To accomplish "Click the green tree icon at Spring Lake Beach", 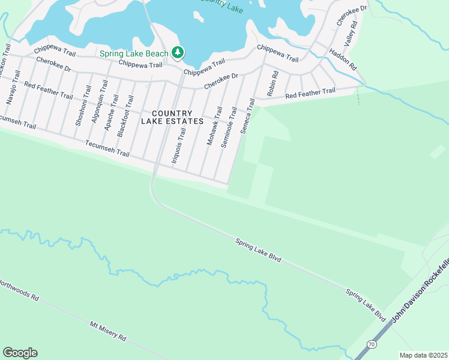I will click(178, 53).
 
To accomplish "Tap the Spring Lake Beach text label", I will click(134, 54).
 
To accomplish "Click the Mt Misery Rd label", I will click(108, 331).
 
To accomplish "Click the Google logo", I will click(20, 353).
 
